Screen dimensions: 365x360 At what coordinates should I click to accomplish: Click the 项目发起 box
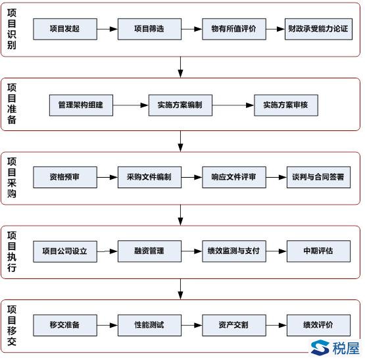click(65, 29)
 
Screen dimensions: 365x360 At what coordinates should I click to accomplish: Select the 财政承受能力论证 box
click(318, 29)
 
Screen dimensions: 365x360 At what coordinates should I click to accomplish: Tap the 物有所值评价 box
click(234, 29)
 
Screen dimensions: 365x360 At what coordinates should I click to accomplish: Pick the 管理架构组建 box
click(81, 105)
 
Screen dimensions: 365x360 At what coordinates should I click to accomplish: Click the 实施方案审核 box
click(286, 105)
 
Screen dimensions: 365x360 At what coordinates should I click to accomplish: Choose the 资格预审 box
click(65, 177)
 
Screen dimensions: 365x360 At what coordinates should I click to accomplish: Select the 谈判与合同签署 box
click(318, 177)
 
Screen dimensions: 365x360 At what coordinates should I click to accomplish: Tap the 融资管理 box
click(149, 251)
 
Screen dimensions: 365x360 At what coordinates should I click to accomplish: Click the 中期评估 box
click(318, 251)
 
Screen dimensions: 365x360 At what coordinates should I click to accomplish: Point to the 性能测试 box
click(149, 325)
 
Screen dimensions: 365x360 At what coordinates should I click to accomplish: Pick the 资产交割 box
click(234, 325)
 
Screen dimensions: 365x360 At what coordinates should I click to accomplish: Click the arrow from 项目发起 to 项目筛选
click(107, 29)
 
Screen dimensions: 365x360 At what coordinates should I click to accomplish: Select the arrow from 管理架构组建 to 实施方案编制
click(131, 105)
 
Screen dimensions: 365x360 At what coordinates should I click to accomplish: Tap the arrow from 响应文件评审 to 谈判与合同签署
click(276, 177)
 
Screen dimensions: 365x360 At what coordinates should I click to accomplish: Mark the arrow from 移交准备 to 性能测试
click(107, 325)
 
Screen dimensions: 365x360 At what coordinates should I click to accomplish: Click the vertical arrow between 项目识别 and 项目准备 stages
click(180, 67)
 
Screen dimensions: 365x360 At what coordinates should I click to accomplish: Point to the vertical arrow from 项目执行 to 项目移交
click(180, 289)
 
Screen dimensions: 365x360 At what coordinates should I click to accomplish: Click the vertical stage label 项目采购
click(12, 177)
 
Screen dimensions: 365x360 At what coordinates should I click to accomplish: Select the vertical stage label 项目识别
click(12, 29)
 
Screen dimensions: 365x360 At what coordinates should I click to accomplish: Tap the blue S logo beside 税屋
click(320, 347)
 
